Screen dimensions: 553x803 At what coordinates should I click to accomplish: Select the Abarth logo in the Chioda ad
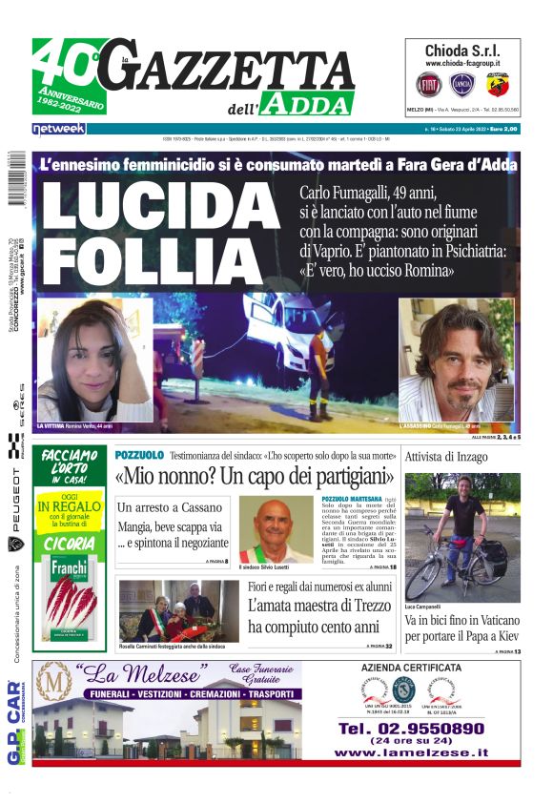point(498,85)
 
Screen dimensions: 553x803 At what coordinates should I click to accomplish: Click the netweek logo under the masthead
point(59,128)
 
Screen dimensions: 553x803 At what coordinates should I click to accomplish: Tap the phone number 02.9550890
point(411,728)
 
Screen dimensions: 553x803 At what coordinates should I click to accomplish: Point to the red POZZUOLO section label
point(139,456)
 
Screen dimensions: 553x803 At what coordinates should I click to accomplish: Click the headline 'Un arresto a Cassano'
point(169,507)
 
